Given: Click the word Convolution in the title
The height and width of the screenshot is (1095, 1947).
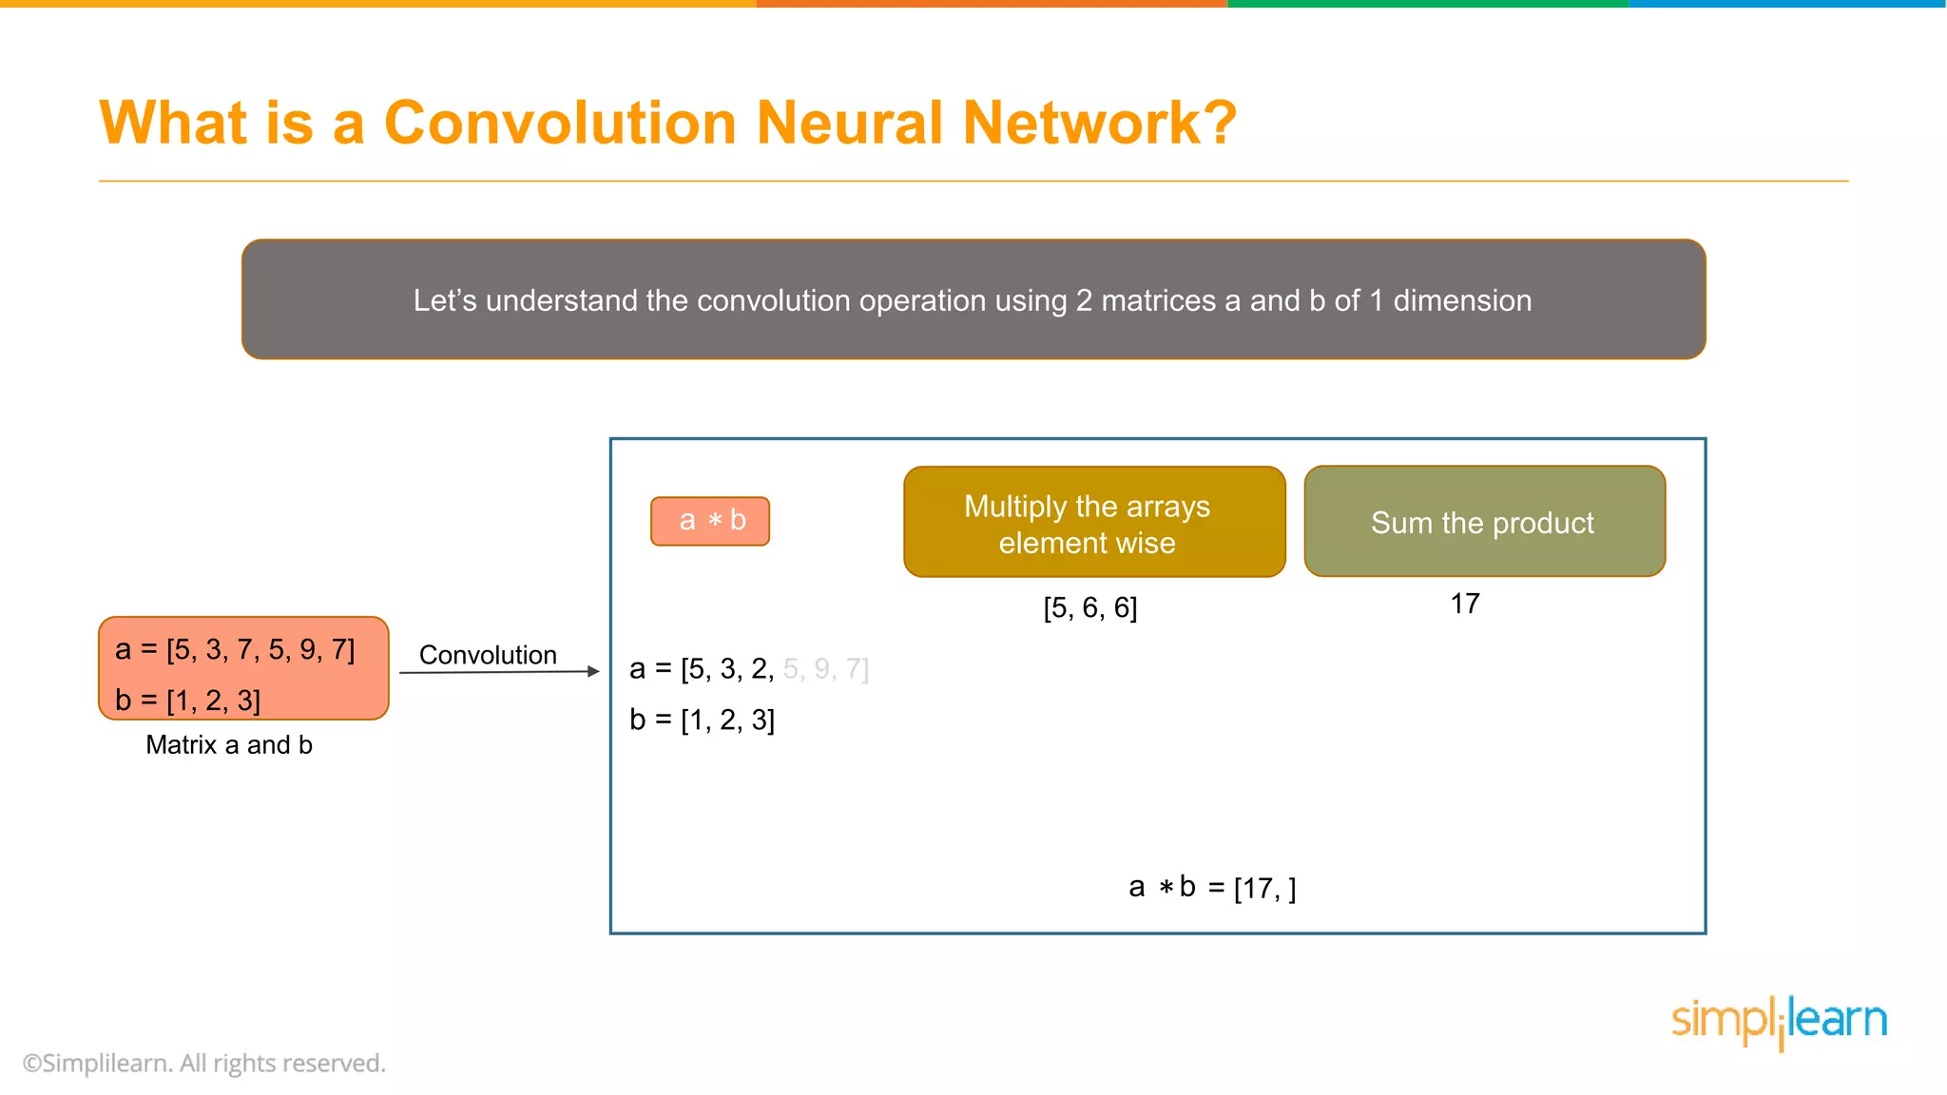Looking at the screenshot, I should click(559, 124).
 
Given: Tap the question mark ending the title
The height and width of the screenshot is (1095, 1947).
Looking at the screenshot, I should click(1218, 124).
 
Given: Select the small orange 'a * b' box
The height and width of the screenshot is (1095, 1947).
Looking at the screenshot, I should click(710, 521).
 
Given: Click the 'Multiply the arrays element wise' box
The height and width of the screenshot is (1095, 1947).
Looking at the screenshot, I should click(1093, 522).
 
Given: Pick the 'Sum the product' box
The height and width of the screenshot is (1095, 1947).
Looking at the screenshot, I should click(1483, 522).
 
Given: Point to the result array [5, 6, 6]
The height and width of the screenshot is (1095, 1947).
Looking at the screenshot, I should click(1089, 608).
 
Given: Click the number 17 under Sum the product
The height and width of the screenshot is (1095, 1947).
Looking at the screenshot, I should click(1464, 604).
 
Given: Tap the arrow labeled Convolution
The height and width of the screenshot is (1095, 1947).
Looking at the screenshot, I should click(499, 672).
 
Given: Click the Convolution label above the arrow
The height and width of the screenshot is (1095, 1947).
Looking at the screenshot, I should click(488, 655).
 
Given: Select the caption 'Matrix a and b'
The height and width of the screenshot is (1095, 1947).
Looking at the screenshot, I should click(229, 745).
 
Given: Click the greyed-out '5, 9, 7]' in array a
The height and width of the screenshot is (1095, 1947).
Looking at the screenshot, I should click(825, 669).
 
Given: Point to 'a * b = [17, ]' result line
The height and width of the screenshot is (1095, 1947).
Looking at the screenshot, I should click(1212, 888).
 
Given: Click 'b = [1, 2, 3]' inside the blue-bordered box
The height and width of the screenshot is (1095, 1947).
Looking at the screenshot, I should click(702, 720).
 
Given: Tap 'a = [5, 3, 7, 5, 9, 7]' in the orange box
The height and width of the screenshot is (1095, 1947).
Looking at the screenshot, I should click(235, 650).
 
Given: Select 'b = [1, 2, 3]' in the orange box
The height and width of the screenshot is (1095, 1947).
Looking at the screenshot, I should click(187, 701).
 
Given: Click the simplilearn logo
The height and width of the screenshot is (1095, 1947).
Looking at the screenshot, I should click(1778, 1021).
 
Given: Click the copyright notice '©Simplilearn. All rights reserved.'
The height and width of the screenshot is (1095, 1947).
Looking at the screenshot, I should click(204, 1064).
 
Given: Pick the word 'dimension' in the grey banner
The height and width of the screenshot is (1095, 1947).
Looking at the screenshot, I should click(1462, 300).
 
